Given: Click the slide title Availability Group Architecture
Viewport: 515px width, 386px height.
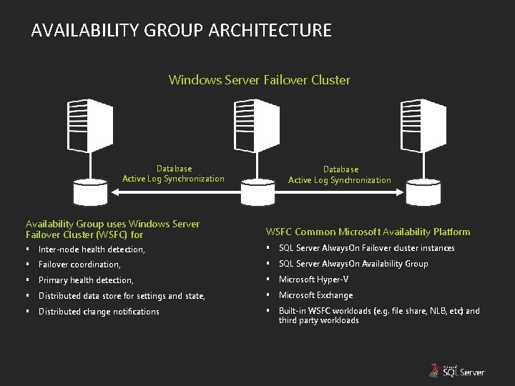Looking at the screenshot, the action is point(182,31).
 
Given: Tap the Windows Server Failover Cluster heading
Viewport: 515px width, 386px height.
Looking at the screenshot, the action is point(259,80).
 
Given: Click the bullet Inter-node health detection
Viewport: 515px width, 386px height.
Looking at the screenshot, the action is point(92,249).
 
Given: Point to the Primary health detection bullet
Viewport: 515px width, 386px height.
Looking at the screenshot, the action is point(86,280).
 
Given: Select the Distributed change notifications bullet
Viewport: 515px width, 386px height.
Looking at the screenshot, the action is point(99,312).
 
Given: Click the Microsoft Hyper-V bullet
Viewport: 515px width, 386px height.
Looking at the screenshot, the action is point(314,279).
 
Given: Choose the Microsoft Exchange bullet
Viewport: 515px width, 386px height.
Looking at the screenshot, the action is point(315,295).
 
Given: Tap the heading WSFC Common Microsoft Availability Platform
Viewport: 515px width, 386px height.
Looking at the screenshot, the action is point(368,232).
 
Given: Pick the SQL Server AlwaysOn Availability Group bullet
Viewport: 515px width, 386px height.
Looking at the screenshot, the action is point(353,264).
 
